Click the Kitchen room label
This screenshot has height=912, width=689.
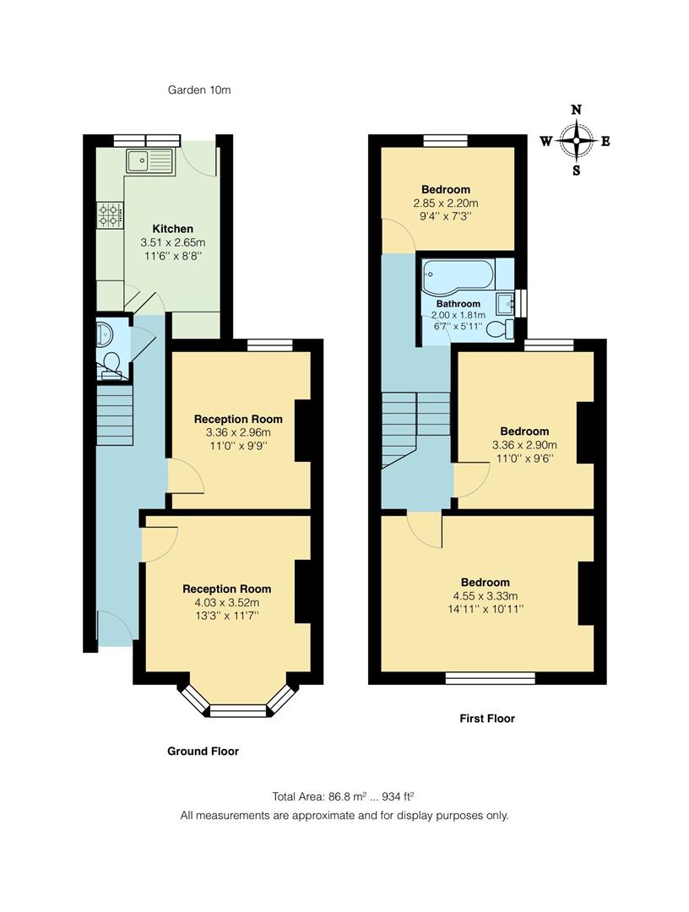pos(172,229)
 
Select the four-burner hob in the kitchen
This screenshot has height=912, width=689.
pos(110,214)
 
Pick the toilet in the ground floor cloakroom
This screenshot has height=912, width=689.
pos(109,364)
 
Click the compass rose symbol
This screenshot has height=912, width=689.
pos(576,140)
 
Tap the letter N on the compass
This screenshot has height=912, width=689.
pos(576,110)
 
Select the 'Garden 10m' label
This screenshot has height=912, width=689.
pos(198,90)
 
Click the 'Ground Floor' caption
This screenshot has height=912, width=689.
pos(203,751)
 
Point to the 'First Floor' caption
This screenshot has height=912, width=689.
pos(486,719)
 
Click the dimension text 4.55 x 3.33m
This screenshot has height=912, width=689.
pos(485,595)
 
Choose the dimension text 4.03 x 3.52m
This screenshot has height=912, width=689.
pos(227,602)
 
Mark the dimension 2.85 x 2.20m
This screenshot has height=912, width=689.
pos(446,204)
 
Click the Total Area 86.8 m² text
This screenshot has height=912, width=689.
pos(343,796)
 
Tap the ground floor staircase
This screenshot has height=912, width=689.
pos(115,414)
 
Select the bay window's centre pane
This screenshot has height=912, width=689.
pos(236,712)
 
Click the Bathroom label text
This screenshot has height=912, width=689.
pos(458,303)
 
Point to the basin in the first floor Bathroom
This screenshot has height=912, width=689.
pos(506,302)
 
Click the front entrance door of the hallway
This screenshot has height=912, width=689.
pos(113,627)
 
